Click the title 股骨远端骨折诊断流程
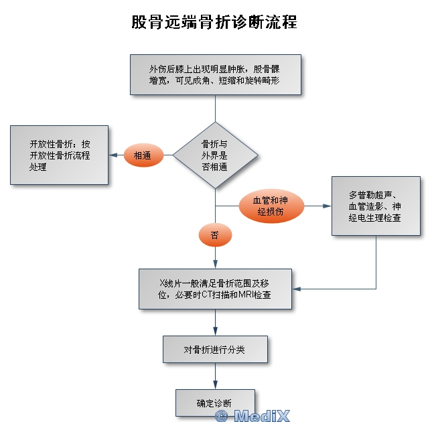[214, 22]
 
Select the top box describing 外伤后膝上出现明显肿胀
[214, 75]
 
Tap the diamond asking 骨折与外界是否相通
[214, 155]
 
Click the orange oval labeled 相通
[143, 155]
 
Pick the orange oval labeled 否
[214, 235]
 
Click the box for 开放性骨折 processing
[59, 155]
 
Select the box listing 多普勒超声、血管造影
[375, 206]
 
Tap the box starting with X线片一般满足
[215, 289]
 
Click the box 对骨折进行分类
[215, 350]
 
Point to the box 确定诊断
[215, 403]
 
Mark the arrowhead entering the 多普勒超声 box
[328, 206]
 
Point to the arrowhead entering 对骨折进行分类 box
[215, 332]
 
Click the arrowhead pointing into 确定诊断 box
[215, 385]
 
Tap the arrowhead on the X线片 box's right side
[297, 289]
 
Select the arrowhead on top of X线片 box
[215, 265]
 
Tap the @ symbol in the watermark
[221, 416]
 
